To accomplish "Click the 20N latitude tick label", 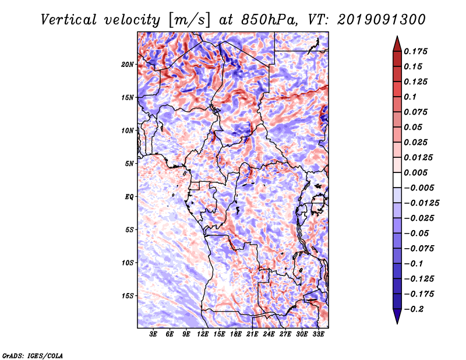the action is [x=128, y=65].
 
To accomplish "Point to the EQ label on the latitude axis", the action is [x=129, y=197].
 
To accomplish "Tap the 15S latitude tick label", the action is [x=128, y=296].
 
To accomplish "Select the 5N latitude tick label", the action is [x=129, y=164].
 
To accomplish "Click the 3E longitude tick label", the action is [x=153, y=334].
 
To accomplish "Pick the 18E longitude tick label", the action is [x=236, y=334].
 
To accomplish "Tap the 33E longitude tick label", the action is [x=318, y=334].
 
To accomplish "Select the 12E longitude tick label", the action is [x=203, y=334].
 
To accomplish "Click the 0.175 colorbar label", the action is [x=415, y=51].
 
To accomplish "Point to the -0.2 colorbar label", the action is [x=414, y=309].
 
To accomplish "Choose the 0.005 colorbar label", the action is [x=415, y=172].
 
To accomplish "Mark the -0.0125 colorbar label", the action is [x=421, y=203].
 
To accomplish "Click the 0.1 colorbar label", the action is [x=410, y=97].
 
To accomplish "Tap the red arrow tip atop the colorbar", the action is [x=397, y=37].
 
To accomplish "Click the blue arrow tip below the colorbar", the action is [x=397, y=323].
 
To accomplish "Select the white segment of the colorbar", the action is [x=397, y=180].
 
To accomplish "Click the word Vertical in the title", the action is [x=69, y=20].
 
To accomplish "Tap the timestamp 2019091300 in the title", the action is [x=382, y=20].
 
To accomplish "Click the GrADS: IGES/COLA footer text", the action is [x=33, y=356].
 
